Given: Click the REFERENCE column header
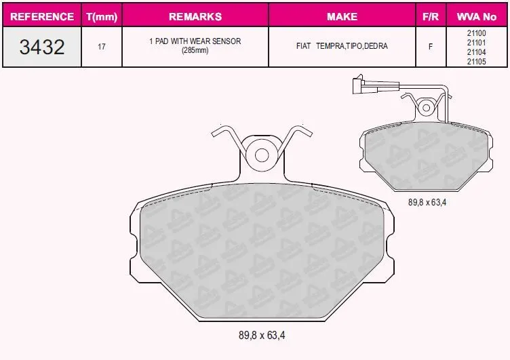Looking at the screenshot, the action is (x=42, y=16).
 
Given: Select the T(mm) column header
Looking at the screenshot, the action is (x=102, y=16).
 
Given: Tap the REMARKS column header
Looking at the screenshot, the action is (x=195, y=16).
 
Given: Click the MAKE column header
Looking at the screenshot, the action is (x=342, y=16).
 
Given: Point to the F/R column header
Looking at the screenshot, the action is (x=431, y=16).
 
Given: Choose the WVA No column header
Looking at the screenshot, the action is (x=477, y=16).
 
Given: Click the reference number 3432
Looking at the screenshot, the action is (x=42, y=47).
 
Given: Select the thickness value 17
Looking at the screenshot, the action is (x=102, y=47).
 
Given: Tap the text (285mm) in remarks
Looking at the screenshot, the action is (x=195, y=51).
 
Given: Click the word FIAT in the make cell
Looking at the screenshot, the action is (x=303, y=46).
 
